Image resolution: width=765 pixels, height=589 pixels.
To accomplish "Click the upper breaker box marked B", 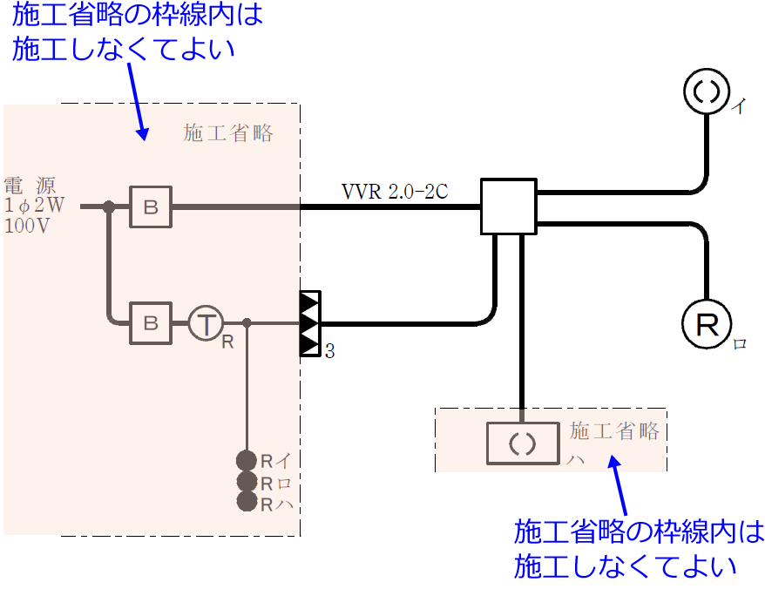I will click(151, 207).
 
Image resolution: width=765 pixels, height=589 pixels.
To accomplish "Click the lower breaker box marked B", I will click(151, 324).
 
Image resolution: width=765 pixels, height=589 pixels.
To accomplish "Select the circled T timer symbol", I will click(206, 324).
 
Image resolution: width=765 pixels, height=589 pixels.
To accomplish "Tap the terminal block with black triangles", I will click(310, 324).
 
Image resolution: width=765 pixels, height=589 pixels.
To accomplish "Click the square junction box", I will click(508, 207).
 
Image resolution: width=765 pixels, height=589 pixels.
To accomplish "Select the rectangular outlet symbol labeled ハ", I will click(522, 443).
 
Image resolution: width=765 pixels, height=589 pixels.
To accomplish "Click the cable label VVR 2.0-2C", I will click(395, 192).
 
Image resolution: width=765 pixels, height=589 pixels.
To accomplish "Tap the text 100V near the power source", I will click(27, 225).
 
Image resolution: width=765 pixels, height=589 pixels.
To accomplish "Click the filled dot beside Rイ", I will click(247, 460).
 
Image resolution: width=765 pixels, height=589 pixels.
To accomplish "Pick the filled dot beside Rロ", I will click(247, 481).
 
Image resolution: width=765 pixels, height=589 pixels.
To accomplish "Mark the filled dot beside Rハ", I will click(247, 502).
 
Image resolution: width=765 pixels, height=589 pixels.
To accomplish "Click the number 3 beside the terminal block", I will click(330, 352).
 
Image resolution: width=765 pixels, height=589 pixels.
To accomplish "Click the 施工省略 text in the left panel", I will click(228, 132).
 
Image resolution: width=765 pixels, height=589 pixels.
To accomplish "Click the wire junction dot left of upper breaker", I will click(109, 207).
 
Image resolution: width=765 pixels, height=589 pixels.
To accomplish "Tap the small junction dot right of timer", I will click(247, 323).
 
